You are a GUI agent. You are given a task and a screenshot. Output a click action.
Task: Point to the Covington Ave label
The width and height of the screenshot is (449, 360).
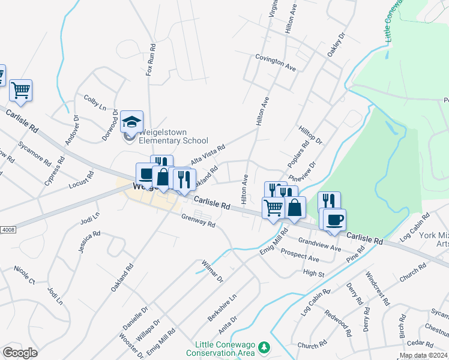pos(276,62)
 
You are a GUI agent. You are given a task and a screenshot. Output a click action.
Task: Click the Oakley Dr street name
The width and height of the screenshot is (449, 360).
pos(337,46)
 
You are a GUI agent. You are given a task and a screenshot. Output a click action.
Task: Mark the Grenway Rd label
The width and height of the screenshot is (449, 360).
pos(197,220)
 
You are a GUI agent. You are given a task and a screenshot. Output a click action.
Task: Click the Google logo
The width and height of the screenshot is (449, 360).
pos(20,352)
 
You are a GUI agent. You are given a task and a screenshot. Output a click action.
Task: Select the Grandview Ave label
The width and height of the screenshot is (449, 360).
pos(319,244)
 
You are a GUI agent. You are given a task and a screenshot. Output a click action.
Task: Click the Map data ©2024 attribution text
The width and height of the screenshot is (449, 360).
pos(423,355)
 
